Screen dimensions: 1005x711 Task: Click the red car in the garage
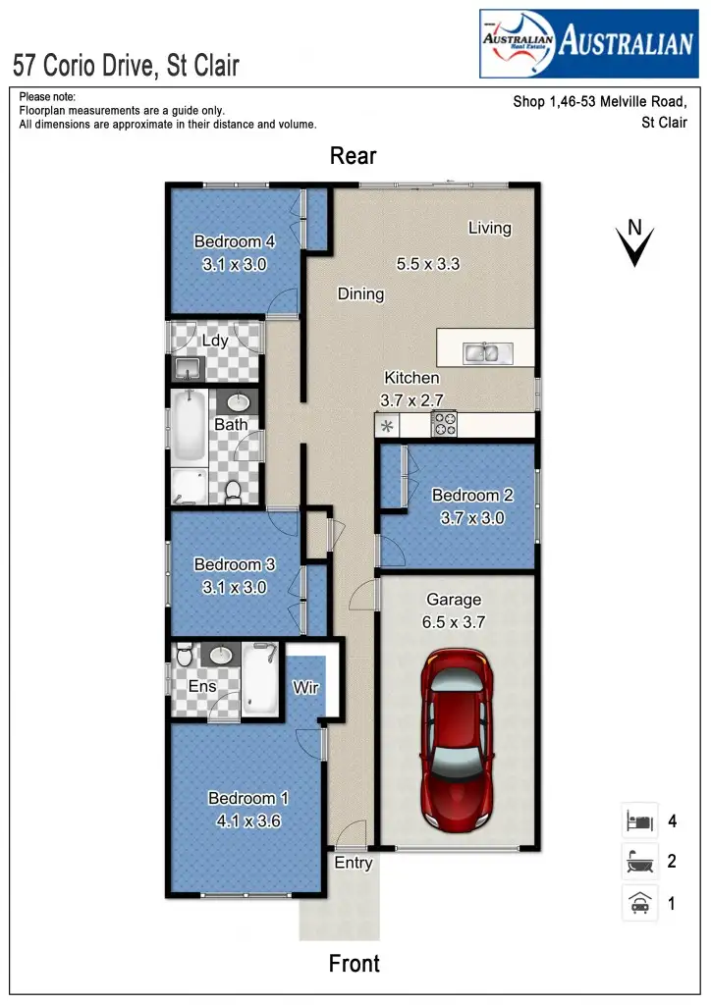click(458, 739)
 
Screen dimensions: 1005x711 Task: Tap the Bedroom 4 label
click(235, 241)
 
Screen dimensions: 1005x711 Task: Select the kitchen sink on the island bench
click(482, 351)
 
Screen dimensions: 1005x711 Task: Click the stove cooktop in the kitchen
click(445, 424)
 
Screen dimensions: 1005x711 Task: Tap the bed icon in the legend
click(638, 820)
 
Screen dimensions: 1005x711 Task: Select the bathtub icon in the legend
click(638, 862)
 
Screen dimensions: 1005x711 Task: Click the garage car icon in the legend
click(638, 902)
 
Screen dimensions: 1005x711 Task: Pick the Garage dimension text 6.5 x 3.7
click(454, 621)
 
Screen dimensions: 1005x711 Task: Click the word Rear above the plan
click(354, 156)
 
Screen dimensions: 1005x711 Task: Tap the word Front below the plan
click(355, 964)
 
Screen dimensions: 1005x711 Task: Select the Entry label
click(354, 863)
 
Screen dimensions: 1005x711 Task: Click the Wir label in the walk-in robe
click(305, 688)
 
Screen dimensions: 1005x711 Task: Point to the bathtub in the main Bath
click(189, 430)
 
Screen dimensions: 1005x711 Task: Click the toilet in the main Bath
click(234, 491)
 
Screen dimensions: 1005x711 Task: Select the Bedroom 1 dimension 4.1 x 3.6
click(248, 820)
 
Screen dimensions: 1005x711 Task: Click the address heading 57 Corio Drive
click(127, 66)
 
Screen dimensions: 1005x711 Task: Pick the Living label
click(489, 228)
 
